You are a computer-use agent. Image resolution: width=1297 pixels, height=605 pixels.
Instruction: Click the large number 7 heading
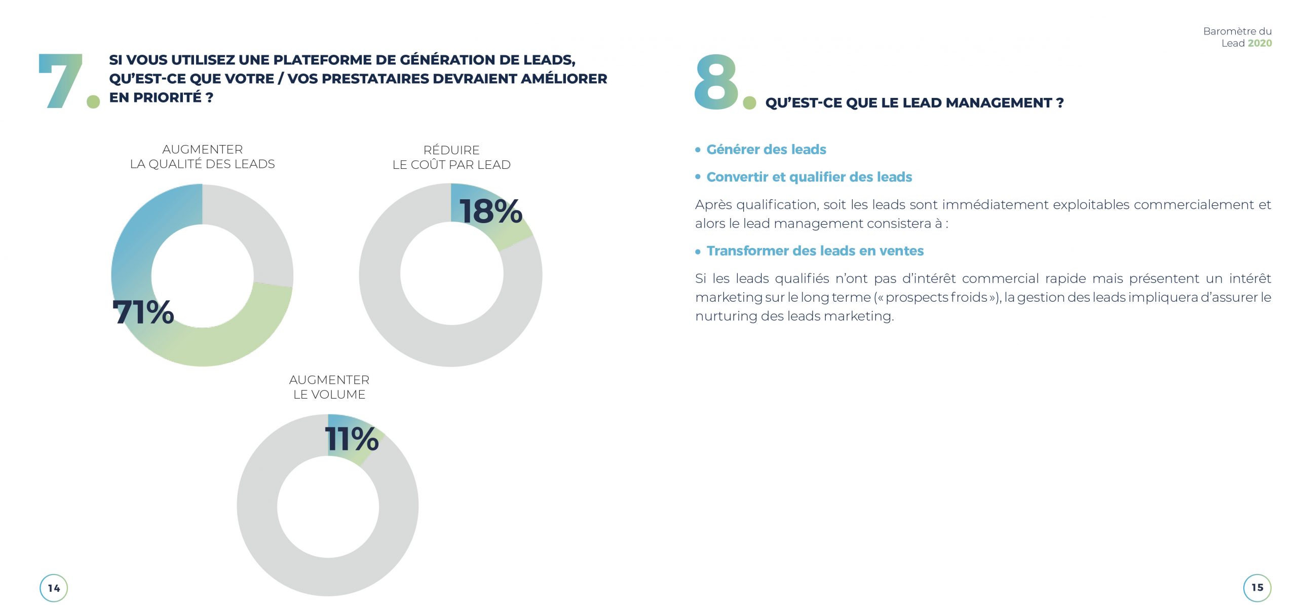pos(61,81)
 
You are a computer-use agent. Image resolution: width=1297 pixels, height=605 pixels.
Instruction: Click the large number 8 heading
pos(716,82)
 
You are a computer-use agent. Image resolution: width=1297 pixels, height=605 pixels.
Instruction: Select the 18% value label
pos(490,211)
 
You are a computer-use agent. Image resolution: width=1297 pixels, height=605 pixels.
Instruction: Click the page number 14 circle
pos(54,588)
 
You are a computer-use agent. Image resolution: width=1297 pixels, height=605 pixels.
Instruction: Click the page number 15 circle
pos(1257,587)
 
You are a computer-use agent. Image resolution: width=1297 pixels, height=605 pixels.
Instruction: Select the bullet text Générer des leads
pos(766,150)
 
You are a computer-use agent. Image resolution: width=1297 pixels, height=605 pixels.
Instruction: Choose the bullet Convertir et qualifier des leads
pos(809,177)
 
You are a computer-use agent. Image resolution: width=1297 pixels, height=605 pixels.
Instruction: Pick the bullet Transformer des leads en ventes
pos(815,251)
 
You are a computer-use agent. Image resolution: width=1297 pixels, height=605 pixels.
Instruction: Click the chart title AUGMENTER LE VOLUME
pos(329,387)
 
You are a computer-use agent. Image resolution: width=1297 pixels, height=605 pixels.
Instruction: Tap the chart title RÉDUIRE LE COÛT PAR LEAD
pos(451,157)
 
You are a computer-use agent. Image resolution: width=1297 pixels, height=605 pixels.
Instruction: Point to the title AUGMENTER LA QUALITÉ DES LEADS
pos(202,157)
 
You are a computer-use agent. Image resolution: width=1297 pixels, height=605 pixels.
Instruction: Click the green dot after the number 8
pos(749,103)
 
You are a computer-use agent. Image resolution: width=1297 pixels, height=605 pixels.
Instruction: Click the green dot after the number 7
pos(93,101)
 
